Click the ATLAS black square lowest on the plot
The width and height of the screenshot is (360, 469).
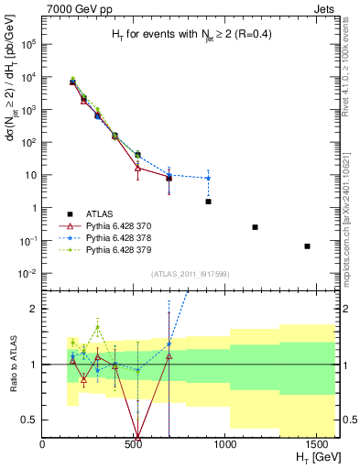click(x=307, y=246)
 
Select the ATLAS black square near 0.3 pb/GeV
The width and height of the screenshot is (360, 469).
click(x=255, y=227)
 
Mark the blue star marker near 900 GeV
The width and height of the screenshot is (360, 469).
click(x=208, y=179)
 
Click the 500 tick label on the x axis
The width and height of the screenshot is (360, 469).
click(x=134, y=444)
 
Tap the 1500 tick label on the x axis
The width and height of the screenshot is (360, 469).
click(x=317, y=444)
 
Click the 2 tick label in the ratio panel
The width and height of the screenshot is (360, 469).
click(x=35, y=309)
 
